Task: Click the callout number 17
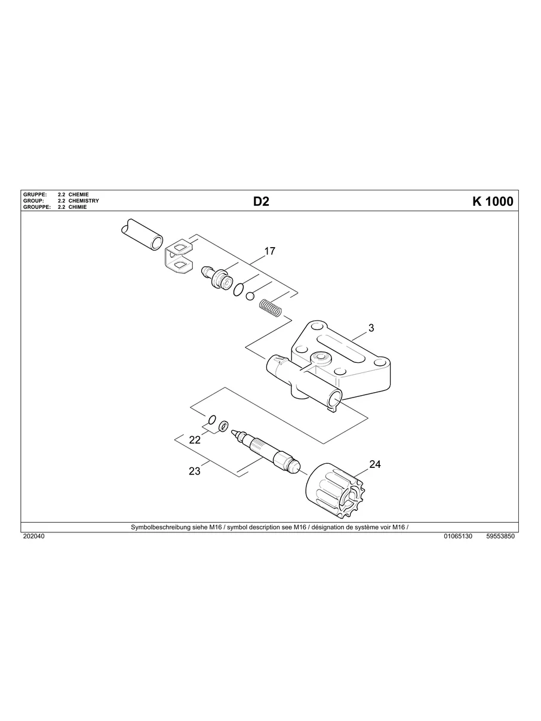pos(270,251)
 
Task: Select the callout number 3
pos(371,328)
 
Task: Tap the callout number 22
pos(195,440)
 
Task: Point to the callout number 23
pos(195,471)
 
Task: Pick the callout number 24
pos(375,464)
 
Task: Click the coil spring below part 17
pos(270,309)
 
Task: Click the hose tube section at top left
pos(142,234)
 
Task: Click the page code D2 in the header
pos(261,202)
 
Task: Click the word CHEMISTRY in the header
pos(84,201)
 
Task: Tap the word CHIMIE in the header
pos(78,207)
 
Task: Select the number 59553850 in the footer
pos(500,537)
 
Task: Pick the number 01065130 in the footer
pos(458,537)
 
